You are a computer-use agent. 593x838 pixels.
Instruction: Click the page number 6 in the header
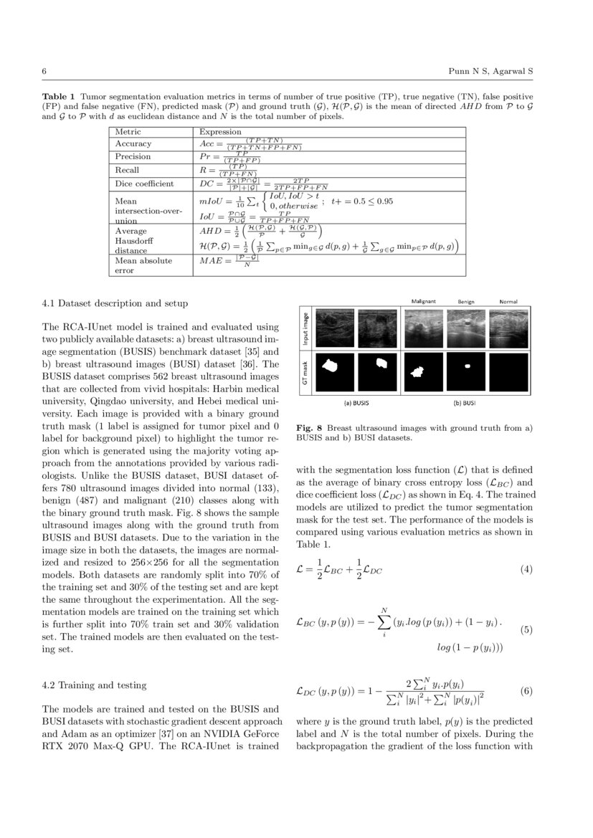[44, 72]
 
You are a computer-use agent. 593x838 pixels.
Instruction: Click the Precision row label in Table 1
[133, 156]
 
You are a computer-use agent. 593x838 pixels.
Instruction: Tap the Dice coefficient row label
[144, 184]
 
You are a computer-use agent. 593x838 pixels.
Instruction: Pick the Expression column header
[220, 132]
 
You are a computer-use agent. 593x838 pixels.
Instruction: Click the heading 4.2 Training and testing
[95, 685]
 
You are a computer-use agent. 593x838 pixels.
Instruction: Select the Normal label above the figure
[508, 301]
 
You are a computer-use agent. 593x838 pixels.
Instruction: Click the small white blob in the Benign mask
[468, 366]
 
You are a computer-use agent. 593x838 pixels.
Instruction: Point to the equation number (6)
[526, 692]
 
